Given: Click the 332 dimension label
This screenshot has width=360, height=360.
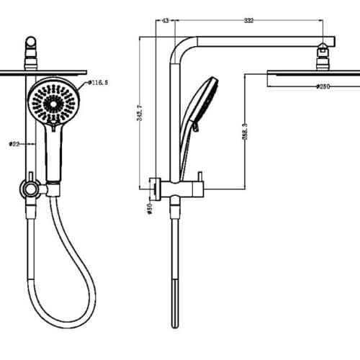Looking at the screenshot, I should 248,21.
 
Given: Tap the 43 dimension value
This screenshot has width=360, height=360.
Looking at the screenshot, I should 165,21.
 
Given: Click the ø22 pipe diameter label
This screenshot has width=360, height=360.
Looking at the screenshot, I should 14,144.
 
